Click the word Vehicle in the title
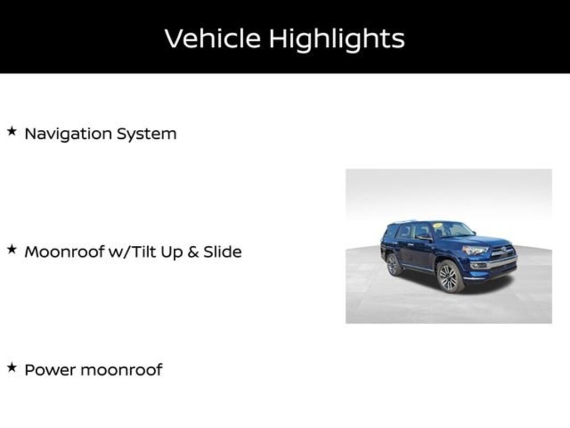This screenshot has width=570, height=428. pos(213,38)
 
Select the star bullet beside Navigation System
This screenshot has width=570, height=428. pos(12,131)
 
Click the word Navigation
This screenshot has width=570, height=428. pos(68,134)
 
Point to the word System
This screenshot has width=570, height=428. pos(146,134)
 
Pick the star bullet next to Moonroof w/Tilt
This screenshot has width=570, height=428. pos(12,249)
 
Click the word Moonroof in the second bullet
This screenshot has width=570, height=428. pos(65,252)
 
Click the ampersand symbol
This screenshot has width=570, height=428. pos(193,252)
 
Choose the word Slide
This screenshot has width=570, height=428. pos(223,251)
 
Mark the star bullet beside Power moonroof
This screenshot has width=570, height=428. pos(12,367)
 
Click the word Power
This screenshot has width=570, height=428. pos(50,370)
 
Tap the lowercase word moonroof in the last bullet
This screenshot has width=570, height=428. pos(121,370)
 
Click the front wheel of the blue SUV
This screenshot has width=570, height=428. pos(449,277)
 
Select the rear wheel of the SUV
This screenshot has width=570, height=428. pos(393,265)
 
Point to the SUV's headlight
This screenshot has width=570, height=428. pos(475,250)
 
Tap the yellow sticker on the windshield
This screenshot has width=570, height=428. pos(438,225)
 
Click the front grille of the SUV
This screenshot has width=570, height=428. pos(503,252)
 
